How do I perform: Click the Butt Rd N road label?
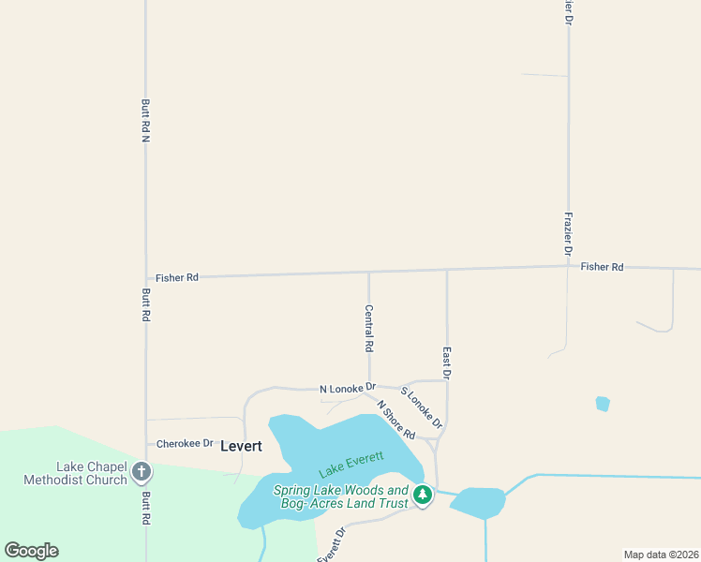click(x=145, y=120)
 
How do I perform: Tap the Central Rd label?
click(x=369, y=328)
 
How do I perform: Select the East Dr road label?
click(x=447, y=362)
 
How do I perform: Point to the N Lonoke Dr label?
click(x=347, y=388)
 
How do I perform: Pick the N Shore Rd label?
click(x=396, y=421)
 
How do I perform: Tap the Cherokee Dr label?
click(x=186, y=443)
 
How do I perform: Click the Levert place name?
click(x=241, y=447)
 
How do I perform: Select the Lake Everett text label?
click(x=351, y=463)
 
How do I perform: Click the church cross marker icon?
click(x=142, y=472)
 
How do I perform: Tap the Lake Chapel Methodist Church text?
click(x=90, y=474)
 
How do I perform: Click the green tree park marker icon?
click(x=423, y=494)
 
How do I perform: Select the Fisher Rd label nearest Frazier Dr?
click(x=602, y=267)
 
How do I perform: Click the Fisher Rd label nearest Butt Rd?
click(x=177, y=277)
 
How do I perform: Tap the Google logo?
click(x=31, y=551)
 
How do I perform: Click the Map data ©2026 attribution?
click(x=661, y=555)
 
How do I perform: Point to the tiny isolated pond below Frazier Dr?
click(x=603, y=404)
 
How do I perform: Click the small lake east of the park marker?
click(x=478, y=503)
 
